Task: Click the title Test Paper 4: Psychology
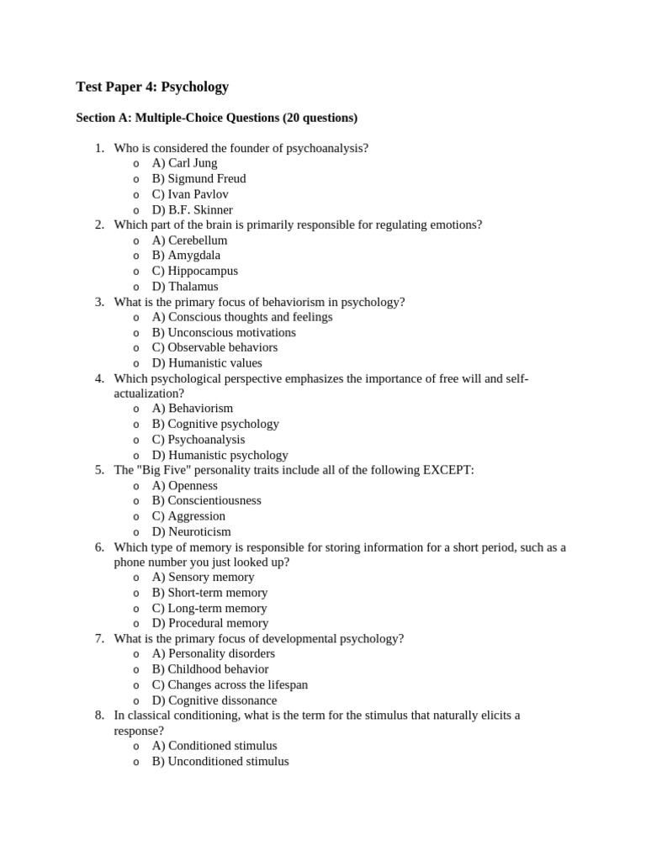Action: [152, 87]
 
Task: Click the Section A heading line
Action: [216, 118]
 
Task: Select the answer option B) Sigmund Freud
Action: [199, 178]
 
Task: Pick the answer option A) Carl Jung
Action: [184, 163]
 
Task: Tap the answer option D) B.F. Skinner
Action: [192, 209]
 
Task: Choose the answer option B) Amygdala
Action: [186, 256]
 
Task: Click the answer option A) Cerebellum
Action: [189, 240]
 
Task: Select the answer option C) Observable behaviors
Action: [214, 347]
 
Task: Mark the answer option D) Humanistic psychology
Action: [220, 455]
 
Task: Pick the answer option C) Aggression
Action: [188, 516]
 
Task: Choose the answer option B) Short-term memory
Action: [209, 593]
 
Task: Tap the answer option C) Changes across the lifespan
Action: [230, 684]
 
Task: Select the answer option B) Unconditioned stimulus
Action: [220, 762]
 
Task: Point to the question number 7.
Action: [99, 638]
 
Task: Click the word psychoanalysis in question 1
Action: [327, 148]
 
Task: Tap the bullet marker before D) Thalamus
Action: [136, 287]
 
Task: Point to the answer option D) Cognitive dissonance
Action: [214, 700]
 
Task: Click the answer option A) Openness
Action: [184, 485]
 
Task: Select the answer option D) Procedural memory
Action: [209, 623]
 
